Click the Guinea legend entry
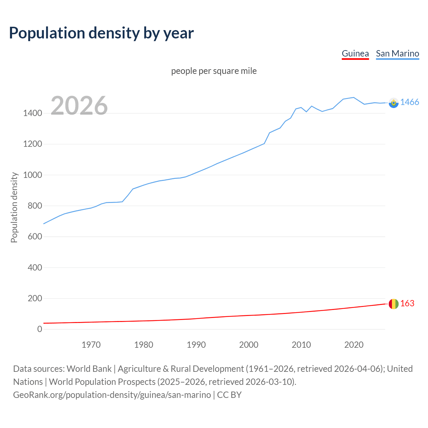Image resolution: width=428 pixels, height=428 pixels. click(355, 53)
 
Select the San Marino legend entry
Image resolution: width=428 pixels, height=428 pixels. click(397, 53)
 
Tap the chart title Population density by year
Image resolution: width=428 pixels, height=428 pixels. click(101, 33)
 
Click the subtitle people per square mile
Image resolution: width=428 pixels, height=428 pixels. click(214, 71)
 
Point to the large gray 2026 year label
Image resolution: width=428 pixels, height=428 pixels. click(79, 106)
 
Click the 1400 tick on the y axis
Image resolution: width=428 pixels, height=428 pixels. click(32, 113)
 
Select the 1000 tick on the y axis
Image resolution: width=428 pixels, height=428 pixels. click(32, 175)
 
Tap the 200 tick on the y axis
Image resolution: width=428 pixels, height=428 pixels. click(35, 298)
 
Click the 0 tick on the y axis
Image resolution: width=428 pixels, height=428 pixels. click(40, 329)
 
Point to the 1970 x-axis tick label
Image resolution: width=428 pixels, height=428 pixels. click(91, 345)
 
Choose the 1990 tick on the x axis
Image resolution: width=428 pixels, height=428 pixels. click(196, 345)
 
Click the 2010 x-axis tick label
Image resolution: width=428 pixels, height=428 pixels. click(301, 345)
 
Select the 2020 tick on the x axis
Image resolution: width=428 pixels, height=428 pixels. click(354, 345)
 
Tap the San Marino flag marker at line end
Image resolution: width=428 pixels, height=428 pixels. click(394, 103)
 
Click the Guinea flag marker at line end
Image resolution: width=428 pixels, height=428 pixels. click(394, 304)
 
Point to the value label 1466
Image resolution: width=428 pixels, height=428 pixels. click(410, 102)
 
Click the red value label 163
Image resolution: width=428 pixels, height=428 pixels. click(407, 303)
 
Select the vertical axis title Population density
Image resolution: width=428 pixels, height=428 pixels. click(14, 207)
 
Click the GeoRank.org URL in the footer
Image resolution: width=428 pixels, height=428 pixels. click(112, 395)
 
